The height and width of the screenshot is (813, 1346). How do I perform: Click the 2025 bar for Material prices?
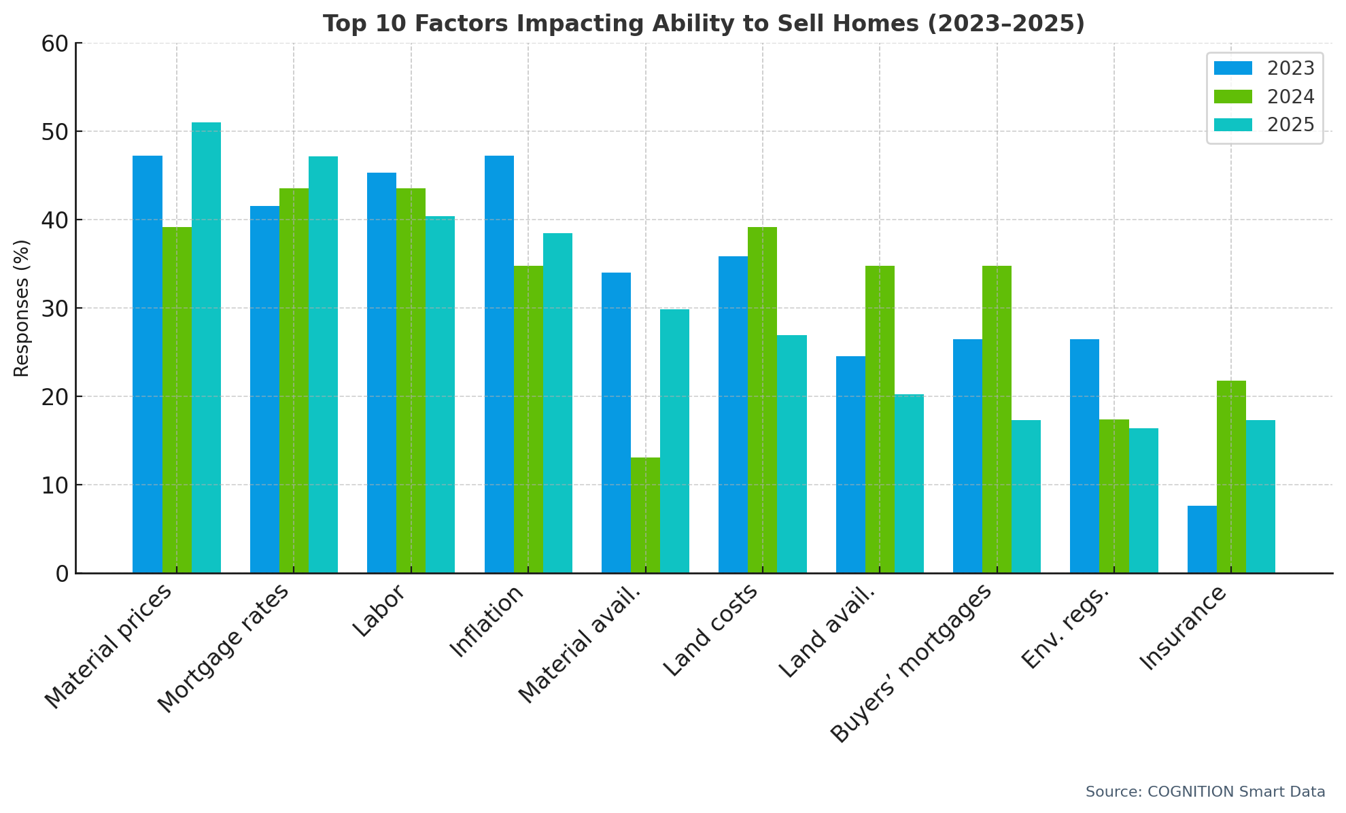click(x=206, y=347)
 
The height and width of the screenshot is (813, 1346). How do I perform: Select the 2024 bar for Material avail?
click(x=645, y=515)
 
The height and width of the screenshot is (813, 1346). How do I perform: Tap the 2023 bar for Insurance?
click(x=1202, y=539)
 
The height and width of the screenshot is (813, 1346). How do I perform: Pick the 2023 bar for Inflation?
click(x=499, y=364)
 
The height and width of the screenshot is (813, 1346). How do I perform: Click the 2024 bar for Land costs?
click(x=762, y=400)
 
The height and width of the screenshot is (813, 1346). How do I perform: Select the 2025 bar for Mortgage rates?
click(x=323, y=364)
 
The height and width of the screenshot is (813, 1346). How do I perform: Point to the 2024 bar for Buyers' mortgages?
click(x=997, y=419)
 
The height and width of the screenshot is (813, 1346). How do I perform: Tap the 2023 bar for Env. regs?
click(x=1084, y=456)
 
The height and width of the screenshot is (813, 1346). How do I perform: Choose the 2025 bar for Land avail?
click(x=909, y=483)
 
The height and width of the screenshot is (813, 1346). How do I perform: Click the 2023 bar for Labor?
click(x=381, y=373)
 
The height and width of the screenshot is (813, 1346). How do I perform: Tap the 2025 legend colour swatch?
click(x=1232, y=125)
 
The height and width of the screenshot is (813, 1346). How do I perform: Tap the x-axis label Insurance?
click(x=1183, y=627)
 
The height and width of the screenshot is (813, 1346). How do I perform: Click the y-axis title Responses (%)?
click(x=22, y=308)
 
